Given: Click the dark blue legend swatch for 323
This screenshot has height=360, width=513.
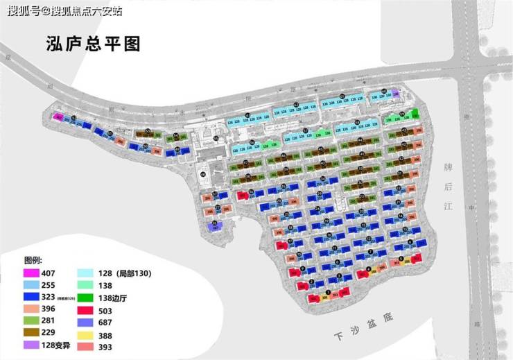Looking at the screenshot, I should (31, 297).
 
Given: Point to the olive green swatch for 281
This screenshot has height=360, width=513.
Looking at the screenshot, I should (31, 320).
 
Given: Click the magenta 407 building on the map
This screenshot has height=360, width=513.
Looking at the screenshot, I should (59, 117).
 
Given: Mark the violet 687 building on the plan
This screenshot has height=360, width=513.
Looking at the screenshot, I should (216, 225).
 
